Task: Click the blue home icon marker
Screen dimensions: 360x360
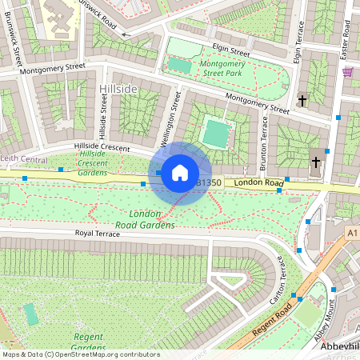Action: pos(180,173)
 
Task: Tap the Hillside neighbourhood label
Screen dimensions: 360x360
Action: pos(118,87)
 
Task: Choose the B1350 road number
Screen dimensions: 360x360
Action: pos(209,183)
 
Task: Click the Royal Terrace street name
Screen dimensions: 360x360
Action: pos(102,233)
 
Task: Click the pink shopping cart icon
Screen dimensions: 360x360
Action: pos(347,71)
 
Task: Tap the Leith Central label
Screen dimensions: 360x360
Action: pos(23,158)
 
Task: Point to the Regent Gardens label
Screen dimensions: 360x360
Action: pos(89,342)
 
